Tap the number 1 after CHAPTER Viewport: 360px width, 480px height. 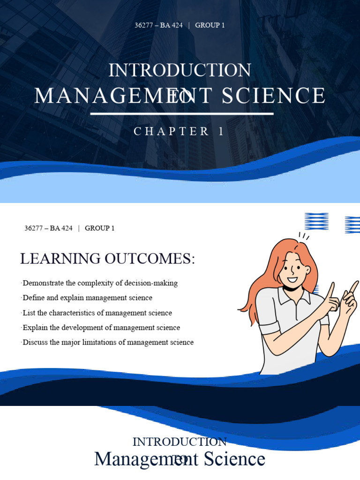[x=221, y=132]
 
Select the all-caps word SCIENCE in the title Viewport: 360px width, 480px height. [x=273, y=96]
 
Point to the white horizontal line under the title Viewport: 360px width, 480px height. [x=182, y=113]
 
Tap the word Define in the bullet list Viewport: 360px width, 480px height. [x=32, y=298]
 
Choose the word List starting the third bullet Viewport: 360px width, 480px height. [x=29, y=313]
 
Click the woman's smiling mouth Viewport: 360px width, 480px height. [x=292, y=280]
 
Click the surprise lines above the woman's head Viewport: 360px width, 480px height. [x=304, y=236]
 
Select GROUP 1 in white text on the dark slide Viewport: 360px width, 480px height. [x=210, y=25]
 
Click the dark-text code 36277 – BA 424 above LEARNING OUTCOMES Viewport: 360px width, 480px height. [x=48, y=228]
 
